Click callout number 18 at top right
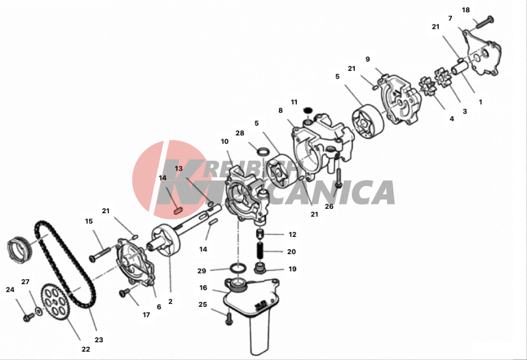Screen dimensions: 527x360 tap(466, 10)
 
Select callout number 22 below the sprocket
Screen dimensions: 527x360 tap(86, 349)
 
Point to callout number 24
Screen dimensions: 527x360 tap(10, 290)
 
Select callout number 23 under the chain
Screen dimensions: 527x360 tap(99, 340)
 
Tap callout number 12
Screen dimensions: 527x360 tap(292, 234)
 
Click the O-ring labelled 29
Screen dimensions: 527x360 tap(238, 269)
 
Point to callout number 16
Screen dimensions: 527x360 tap(203, 288)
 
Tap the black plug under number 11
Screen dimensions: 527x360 tap(308, 110)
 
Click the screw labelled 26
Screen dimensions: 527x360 tap(339, 177)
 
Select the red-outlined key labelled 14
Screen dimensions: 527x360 tap(178, 211)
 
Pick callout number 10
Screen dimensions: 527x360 tap(225, 142)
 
